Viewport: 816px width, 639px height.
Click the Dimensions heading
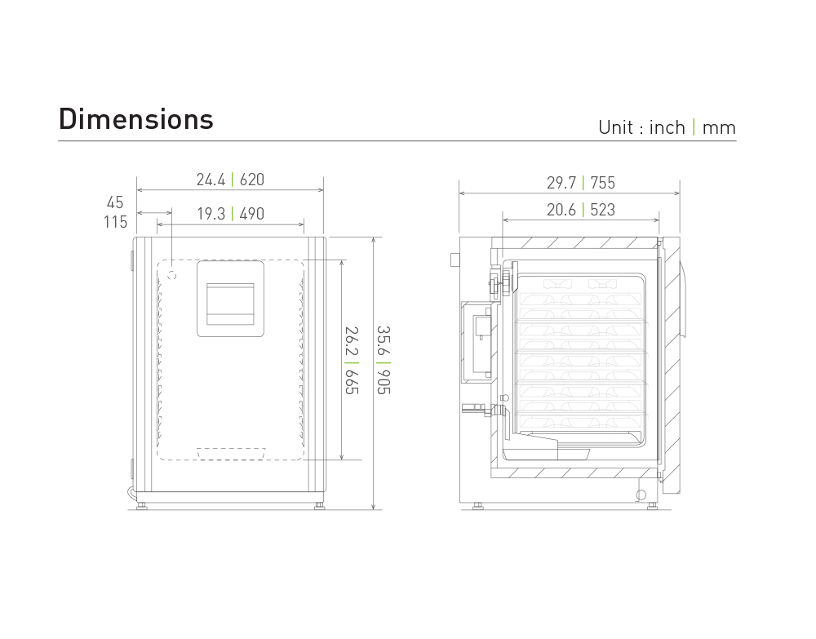(135, 119)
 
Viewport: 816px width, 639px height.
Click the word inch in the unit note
(667, 127)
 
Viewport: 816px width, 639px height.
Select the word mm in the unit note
(718, 127)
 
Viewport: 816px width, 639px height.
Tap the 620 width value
(251, 180)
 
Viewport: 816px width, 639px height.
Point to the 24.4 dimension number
(211, 180)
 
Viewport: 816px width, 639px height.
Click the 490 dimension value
(251, 214)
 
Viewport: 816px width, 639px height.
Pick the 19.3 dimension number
(211, 214)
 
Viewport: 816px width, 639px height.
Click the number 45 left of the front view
(115, 202)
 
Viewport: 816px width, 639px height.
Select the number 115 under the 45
(115, 222)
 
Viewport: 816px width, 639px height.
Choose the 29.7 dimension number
(561, 183)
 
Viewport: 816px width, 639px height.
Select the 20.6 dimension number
(561, 211)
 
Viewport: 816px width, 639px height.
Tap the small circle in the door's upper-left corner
(172, 275)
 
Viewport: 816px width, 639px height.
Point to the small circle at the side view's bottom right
(641, 495)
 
